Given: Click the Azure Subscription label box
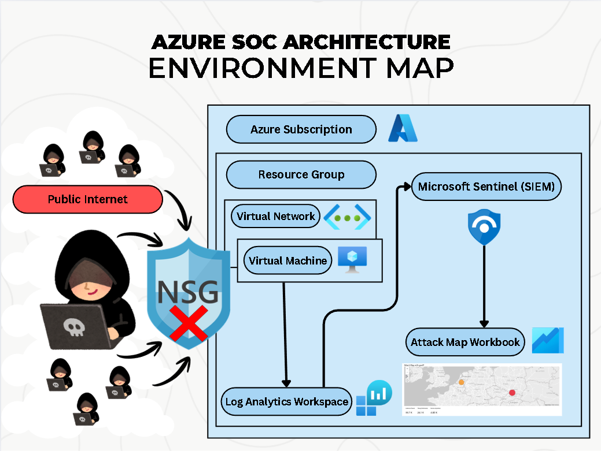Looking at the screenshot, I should (x=301, y=129).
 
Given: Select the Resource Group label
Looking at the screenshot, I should (x=301, y=174).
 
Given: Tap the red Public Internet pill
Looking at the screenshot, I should (x=88, y=199).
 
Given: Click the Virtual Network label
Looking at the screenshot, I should (x=276, y=217).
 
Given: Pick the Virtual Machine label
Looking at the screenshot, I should (x=287, y=261).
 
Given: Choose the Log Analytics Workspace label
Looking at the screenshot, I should (x=287, y=401).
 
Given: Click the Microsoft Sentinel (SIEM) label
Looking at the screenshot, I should (x=486, y=187).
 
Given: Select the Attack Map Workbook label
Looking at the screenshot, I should (x=465, y=342).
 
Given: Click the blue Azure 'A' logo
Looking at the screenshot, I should (x=403, y=128).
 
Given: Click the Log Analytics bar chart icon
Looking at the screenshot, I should (x=374, y=398).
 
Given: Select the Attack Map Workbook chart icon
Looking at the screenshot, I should (x=547, y=341).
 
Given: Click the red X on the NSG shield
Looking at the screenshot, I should (x=188, y=324).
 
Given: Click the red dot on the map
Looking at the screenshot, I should (x=512, y=393).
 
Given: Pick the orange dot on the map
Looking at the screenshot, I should (x=461, y=382).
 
